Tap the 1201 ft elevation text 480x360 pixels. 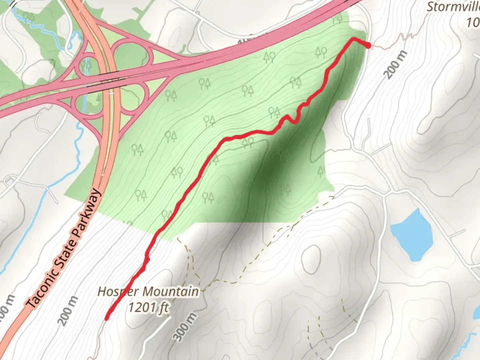(x=149, y=307)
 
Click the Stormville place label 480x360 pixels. (x=453, y=7)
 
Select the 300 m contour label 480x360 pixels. (x=184, y=327)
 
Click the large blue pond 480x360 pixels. (x=412, y=235)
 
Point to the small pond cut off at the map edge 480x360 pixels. (x=477, y=313)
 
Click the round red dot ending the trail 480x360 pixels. (x=368, y=46)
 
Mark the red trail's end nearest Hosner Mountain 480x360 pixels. (x=107, y=318)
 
